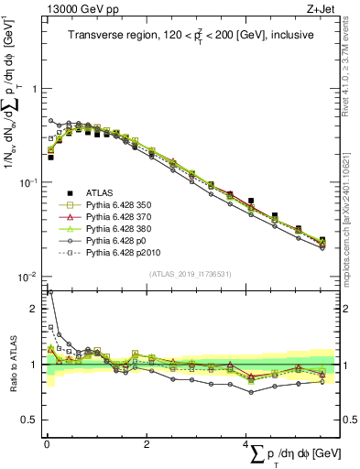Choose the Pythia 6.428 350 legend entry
[120, 204]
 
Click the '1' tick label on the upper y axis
[33, 89]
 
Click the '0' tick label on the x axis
[47, 443]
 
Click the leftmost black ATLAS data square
[50, 158]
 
